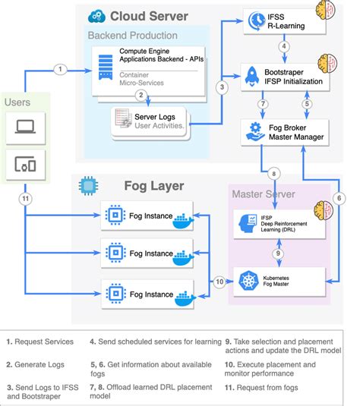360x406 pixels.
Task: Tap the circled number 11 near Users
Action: [x=24, y=198]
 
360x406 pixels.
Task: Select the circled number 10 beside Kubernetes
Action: [x=219, y=282]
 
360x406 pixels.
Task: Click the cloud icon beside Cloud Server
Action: [x=96, y=16]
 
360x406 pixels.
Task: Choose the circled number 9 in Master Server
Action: [x=278, y=253]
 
